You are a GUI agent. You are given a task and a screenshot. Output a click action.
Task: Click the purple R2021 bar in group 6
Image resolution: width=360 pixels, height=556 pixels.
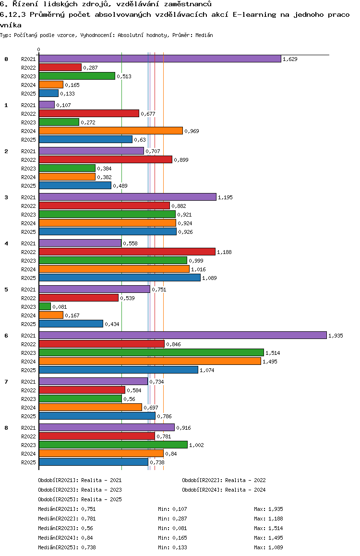point(182,335)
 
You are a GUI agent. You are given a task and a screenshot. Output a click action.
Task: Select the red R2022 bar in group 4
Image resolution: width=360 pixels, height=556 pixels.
point(127,252)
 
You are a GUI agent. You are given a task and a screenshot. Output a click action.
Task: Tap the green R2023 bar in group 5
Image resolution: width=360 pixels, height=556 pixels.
point(45,306)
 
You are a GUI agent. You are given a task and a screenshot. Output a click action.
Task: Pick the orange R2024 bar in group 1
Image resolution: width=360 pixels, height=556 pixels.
point(110,131)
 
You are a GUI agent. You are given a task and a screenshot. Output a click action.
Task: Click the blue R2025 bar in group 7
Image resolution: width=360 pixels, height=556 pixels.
point(97,416)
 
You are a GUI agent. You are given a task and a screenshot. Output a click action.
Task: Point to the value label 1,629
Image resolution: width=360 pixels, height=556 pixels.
point(290,59)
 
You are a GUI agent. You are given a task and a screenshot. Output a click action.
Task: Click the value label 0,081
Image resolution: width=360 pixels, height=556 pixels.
point(60,307)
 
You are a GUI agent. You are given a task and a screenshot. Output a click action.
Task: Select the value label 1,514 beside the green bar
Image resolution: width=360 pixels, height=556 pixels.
point(273,353)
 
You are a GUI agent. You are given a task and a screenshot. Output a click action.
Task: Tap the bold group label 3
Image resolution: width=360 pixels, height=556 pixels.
point(6,197)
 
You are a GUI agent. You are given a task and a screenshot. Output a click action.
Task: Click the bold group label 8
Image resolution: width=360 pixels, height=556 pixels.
point(6,428)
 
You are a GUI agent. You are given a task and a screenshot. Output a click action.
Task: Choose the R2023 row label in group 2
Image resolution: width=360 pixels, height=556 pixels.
point(29,169)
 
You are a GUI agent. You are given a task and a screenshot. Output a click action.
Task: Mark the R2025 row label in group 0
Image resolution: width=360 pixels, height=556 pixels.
point(29,94)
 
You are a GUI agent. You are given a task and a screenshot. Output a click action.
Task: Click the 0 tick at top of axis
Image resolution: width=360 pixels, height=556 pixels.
point(39,49)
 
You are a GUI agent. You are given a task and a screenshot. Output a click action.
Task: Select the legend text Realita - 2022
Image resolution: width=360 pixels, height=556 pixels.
point(245,480)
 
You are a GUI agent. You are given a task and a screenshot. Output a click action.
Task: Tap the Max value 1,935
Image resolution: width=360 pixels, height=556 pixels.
point(276,509)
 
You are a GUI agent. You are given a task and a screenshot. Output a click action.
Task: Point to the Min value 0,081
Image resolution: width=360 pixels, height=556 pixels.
point(180,528)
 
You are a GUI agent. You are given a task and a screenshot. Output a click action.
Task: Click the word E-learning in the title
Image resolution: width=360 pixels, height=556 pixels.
point(254,14)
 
